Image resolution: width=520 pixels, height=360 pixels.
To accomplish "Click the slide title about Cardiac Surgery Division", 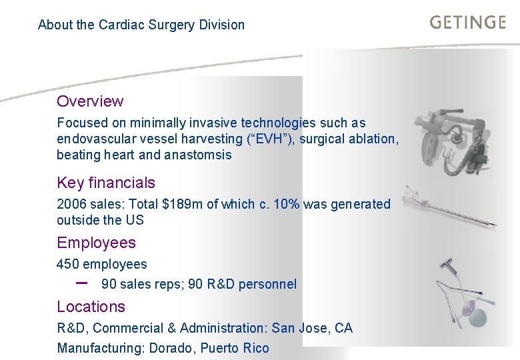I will [x=141, y=25].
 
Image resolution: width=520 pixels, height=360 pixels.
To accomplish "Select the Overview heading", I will [x=90, y=101].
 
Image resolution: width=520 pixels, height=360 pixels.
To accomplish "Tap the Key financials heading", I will [x=106, y=183].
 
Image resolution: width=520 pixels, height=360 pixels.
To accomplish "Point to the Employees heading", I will [x=96, y=243].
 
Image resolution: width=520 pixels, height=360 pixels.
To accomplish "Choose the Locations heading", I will [x=91, y=307].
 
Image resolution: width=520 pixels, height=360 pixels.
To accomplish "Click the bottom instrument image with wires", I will [x=460, y=293].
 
